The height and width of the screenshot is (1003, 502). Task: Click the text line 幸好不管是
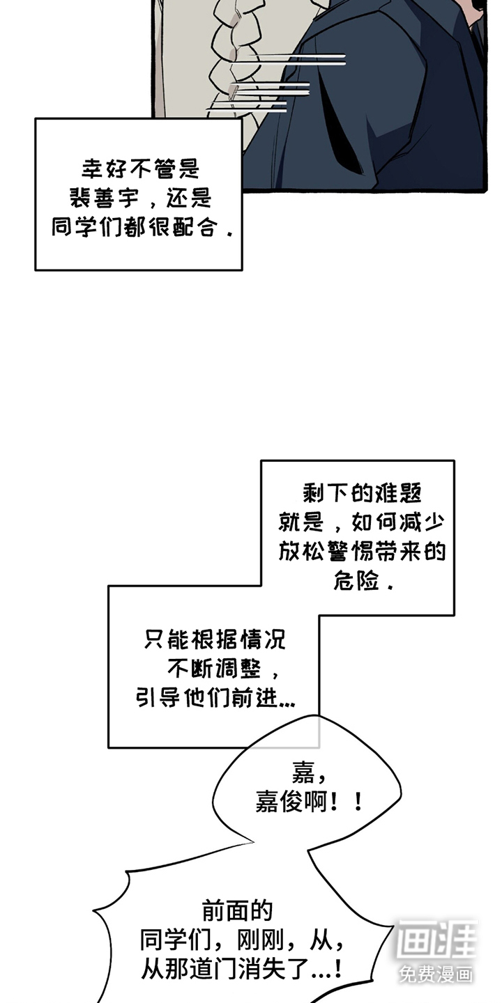click(140, 169)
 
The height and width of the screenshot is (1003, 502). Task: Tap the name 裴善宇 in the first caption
click(104, 199)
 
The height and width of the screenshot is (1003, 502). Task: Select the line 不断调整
click(213, 669)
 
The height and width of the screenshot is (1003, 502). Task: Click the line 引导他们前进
click(214, 699)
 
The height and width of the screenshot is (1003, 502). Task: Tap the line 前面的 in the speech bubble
click(237, 910)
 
